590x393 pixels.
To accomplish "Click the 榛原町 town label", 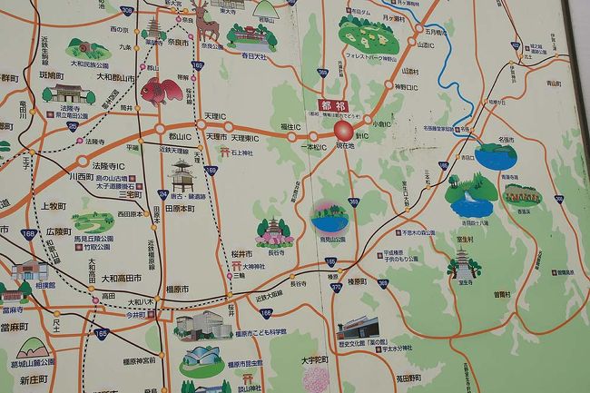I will tap(354, 281).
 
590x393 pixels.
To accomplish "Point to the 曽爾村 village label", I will tap(503, 294).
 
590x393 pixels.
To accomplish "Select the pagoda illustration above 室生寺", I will tap(463, 262).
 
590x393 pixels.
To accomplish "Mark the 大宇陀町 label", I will tap(313, 359).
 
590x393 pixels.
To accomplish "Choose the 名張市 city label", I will tap(506, 140).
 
